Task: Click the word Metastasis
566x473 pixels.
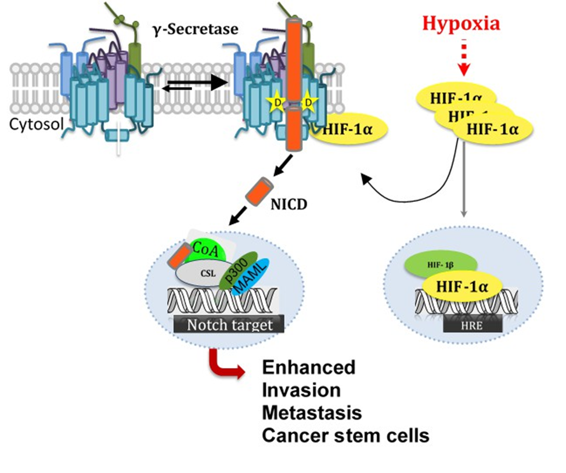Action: [312, 413]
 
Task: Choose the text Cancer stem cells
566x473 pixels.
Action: [345, 435]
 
